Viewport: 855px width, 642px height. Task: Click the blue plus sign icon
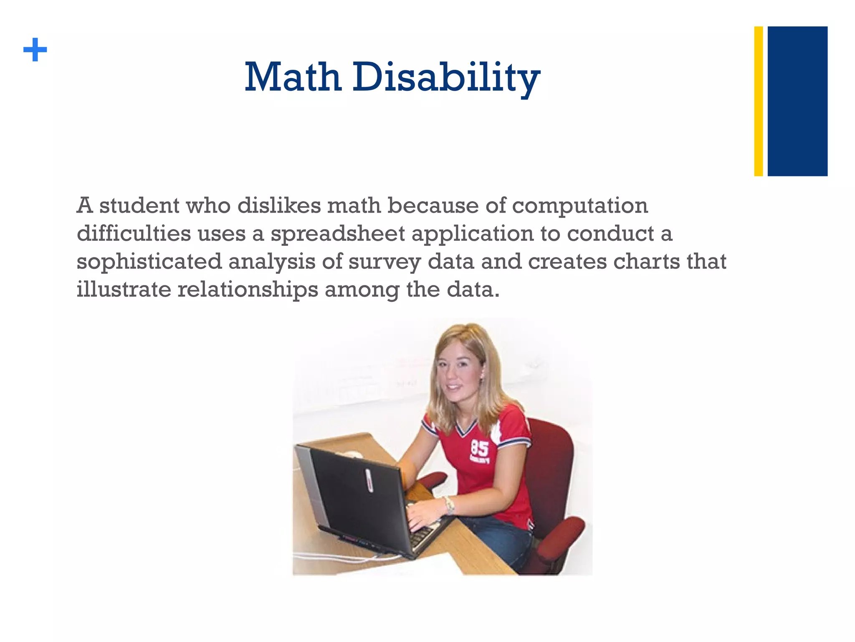tap(35, 50)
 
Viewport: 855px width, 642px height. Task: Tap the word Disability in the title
tap(446, 78)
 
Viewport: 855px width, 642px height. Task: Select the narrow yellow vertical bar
tap(758, 101)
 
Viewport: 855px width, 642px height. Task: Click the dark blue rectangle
tap(797, 101)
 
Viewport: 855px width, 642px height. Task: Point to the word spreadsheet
tap(338, 234)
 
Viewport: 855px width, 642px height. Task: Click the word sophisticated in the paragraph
tap(149, 262)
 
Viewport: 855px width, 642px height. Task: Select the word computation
tap(580, 206)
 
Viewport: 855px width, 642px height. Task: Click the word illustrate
tap(124, 289)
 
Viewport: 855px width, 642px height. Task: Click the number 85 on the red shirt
tap(480, 449)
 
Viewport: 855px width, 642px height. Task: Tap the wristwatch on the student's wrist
tap(449, 504)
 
